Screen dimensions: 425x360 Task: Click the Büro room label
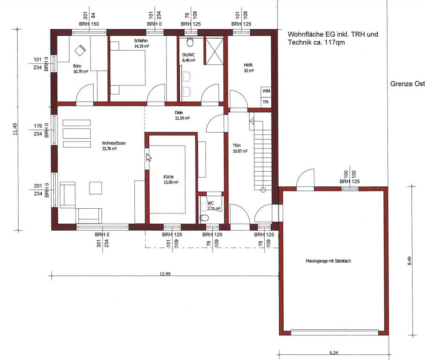pyautogui.click(x=81, y=69)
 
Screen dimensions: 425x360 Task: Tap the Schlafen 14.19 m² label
pyautogui.click(x=141, y=44)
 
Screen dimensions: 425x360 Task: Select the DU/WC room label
pyautogui.click(x=189, y=58)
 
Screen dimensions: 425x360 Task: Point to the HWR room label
pyautogui.click(x=248, y=68)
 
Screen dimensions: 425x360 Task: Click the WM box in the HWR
pyautogui.click(x=266, y=91)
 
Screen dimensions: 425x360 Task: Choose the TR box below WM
pyautogui.click(x=266, y=102)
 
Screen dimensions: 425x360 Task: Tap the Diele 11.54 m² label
pyautogui.click(x=182, y=116)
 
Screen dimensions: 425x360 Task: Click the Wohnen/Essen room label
pyautogui.click(x=114, y=146)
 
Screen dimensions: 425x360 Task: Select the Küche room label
pyautogui.click(x=171, y=180)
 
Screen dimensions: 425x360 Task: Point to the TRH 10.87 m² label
pyautogui.click(x=240, y=148)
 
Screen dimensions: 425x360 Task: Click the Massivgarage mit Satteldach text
pyautogui.click(x=328, y=261)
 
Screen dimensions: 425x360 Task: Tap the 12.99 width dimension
pyautogui.click(x=165, y=274)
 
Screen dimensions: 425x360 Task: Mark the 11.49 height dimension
pyautogui.click(x=15, y=129)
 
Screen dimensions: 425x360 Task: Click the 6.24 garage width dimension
pyautogui.click(x=334, y=353)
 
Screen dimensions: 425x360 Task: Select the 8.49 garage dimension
pyautogui.click(x=409, y=261)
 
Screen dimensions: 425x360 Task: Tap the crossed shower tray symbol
pyautogui.click(x=215, y=51)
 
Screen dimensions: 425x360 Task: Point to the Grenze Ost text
pyautogui.click(x=407, y=84)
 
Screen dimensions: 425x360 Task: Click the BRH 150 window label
pyautogui.click(x=89, y=24)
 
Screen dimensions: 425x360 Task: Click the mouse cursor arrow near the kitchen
pyautogui.click(x=149, y=158)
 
